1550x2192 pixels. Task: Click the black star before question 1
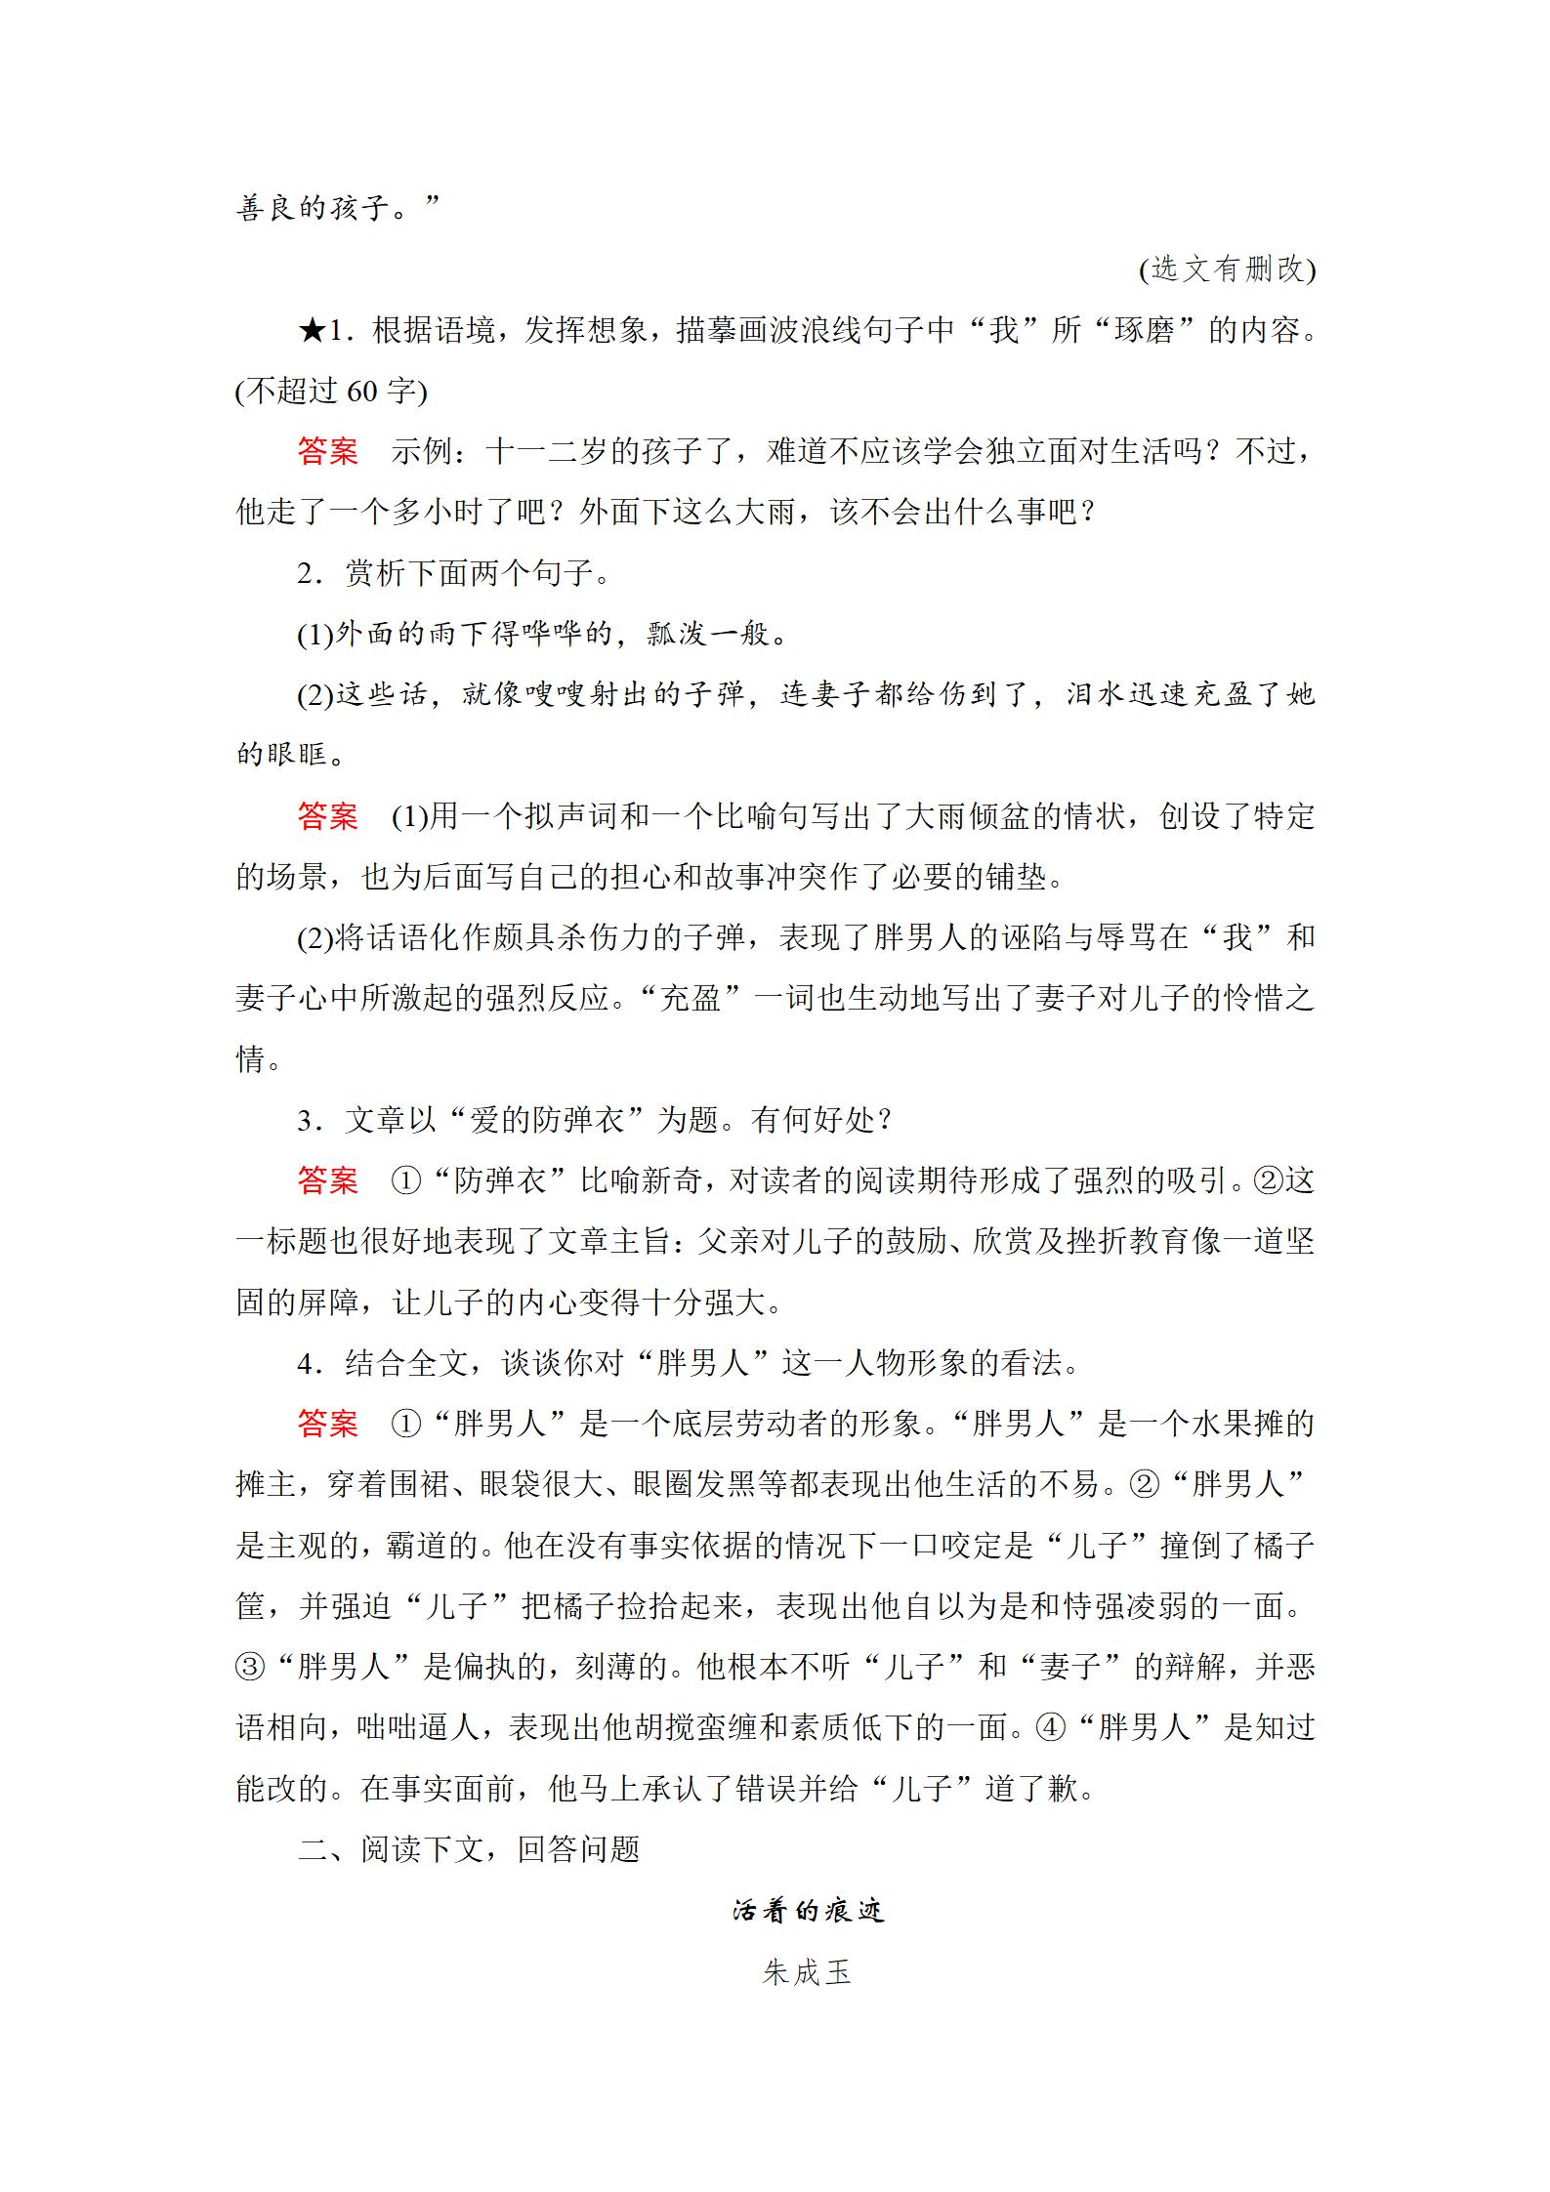pos(312,331)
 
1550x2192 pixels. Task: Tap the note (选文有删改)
pos(1227,269)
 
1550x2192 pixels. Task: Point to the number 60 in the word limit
pos(361,392)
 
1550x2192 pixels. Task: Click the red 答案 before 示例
pos(328,452)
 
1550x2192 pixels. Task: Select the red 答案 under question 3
pos(328,1180)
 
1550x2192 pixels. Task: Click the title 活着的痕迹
pos(808,1911)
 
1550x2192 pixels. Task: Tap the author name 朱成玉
pos(807,1972)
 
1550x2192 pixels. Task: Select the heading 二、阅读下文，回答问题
pos(469,1849)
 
